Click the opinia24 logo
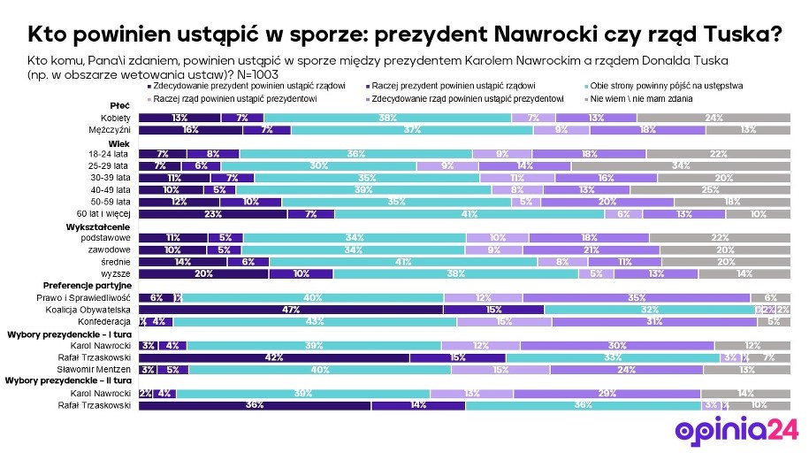point(736,428)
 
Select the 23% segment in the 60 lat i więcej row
point(213,213)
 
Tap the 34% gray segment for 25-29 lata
point(681,165)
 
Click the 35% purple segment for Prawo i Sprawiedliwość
point(637,297)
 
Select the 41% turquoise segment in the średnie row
point(404,262)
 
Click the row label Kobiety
point(117,118)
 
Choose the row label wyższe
point(119,273)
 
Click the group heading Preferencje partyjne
point(88,286)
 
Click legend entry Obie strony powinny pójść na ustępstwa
point(667,86)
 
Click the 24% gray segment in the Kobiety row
point(714,118)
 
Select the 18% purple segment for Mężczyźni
point(647,129)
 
